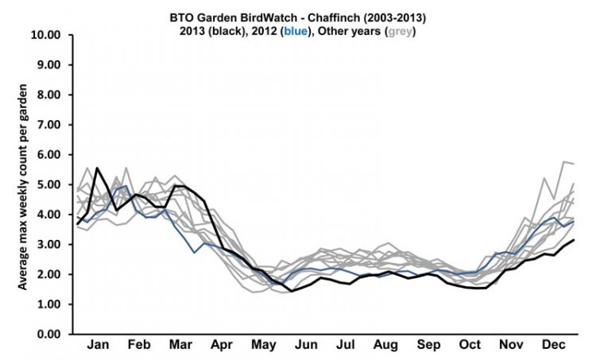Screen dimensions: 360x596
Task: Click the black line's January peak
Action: click(97, 168)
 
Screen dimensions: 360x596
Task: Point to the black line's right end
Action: click(573, 240)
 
